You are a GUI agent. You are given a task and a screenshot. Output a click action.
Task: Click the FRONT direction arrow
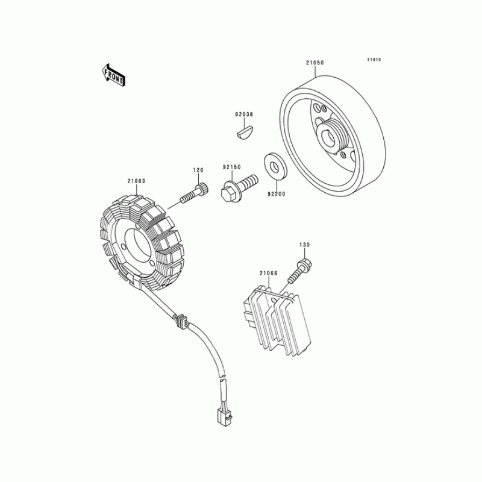[x=113, y=75]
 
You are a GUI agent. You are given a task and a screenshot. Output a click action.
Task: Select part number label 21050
[x=315, y=63]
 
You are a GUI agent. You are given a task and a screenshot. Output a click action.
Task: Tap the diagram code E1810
[x=374, y=60]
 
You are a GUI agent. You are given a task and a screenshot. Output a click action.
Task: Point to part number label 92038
[x=244, y=114]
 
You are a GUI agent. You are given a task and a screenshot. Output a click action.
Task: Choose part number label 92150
[x=232, y=167]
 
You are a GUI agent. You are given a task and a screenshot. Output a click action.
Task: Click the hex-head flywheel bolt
[x=239, y=188]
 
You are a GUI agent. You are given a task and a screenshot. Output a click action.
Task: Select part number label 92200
[x=277, y=194]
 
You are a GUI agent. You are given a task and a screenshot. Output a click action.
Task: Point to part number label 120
[x=198, y=170]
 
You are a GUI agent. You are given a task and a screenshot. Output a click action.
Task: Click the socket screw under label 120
[x=193, y=192]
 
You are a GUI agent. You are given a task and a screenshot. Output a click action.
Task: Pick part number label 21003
[x=137, y=181]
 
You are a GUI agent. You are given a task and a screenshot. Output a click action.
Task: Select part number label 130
[x=305, y=245]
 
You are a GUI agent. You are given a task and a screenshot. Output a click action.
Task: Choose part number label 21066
[x=268, y=273]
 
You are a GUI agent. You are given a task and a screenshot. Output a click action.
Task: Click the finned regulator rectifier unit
[x=277, y=321]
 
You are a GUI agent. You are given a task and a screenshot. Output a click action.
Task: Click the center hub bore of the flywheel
[x=328, y=139]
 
